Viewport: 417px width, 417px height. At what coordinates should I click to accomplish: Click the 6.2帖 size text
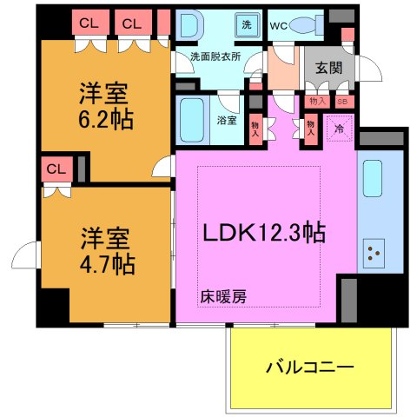point(109,119)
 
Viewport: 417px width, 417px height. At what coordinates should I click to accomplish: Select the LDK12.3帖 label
point(264,233)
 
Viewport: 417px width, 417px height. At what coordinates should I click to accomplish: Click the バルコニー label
point(309,367)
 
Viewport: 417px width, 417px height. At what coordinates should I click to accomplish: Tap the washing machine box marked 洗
point(247,24)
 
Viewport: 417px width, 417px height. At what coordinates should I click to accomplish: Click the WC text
point(279,25)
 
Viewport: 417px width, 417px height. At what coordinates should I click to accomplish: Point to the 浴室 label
point(226,120)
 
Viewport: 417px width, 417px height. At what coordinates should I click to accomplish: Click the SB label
point(341,102)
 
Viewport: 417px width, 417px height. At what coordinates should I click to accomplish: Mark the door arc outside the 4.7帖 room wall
point(26,257)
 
